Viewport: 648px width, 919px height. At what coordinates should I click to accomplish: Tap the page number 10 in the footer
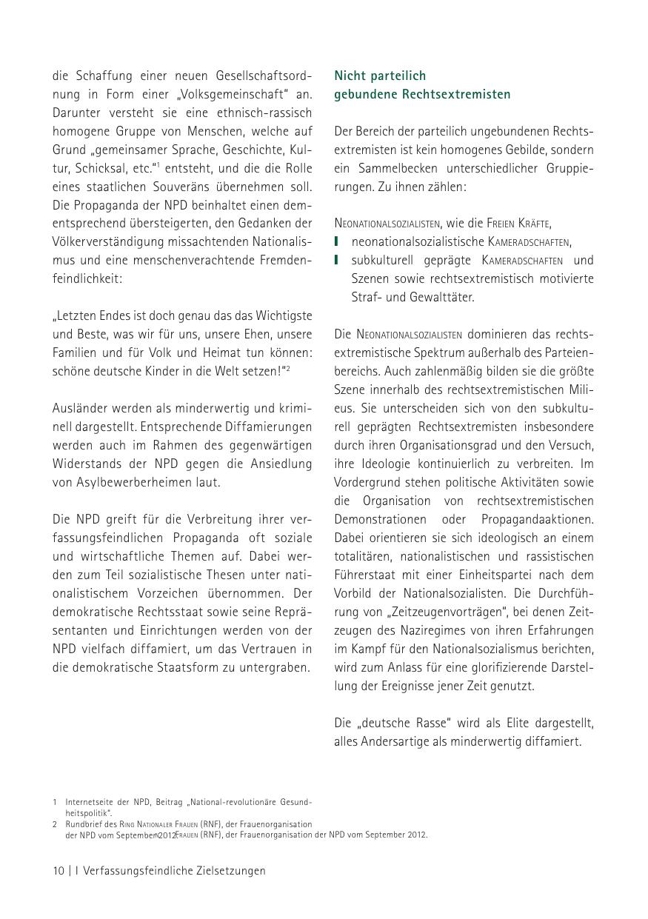(x=59, y=871)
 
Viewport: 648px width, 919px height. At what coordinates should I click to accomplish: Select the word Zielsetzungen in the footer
(x=231, y=871)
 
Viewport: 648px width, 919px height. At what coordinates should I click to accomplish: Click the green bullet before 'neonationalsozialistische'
(x=337, y=241)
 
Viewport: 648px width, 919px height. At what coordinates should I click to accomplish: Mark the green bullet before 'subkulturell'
(x=337, y=260)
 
